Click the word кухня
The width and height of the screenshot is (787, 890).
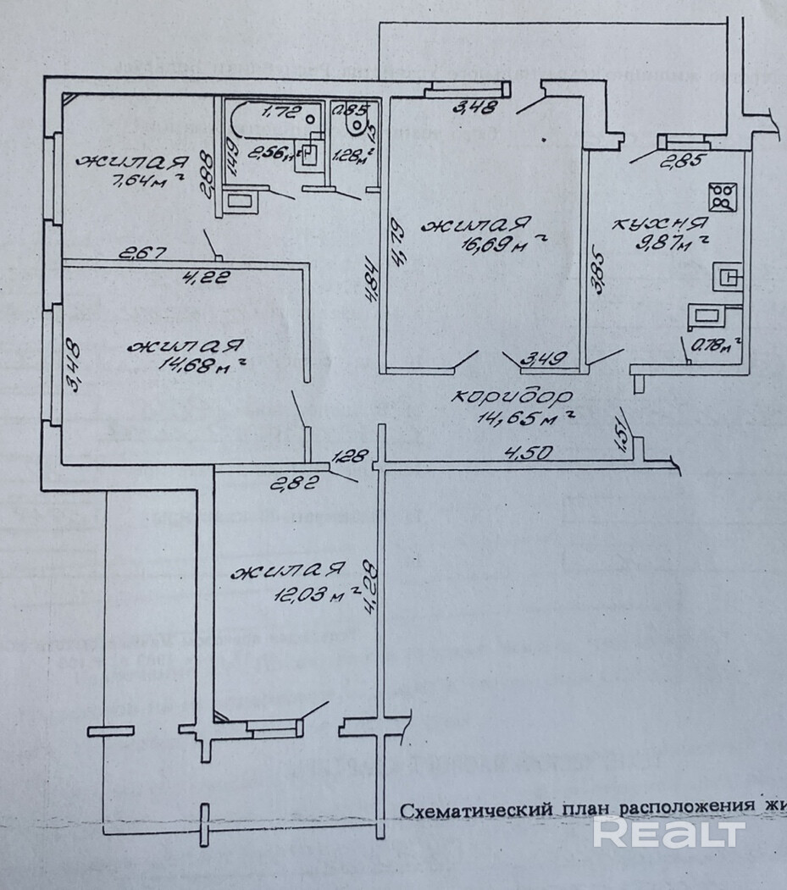(659, 224)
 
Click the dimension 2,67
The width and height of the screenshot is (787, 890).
(142, 252)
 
